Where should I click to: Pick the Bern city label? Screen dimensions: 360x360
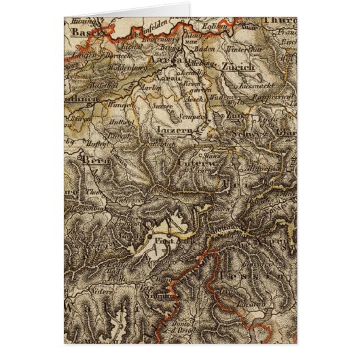[92, 162]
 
